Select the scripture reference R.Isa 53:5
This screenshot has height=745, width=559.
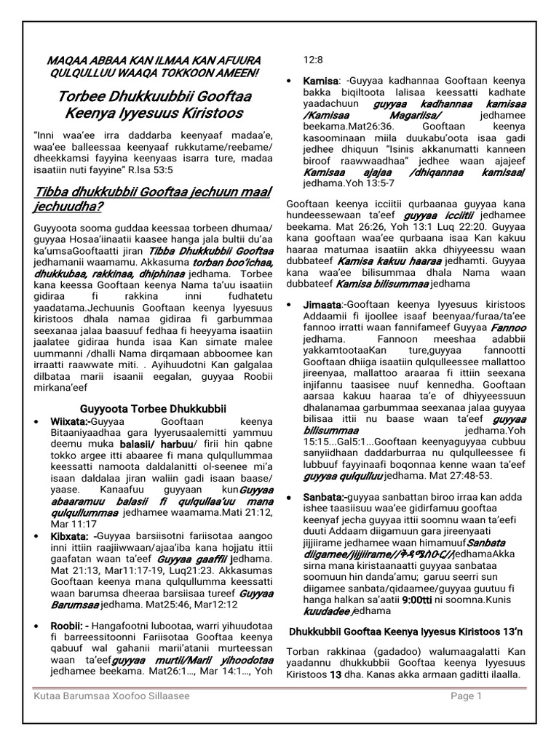click(x=177, y=169)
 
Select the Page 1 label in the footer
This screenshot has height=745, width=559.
click(x=466, y=696)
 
